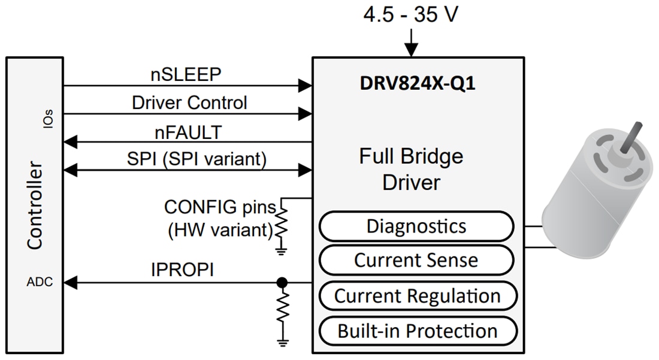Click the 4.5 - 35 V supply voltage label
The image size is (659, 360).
410,14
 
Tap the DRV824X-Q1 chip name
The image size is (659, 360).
418,83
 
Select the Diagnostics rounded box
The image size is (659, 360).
416,226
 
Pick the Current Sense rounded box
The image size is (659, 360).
416,261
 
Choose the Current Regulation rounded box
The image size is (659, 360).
417,296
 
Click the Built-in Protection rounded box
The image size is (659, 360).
417,331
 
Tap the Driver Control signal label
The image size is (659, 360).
189,102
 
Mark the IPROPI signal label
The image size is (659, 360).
182,270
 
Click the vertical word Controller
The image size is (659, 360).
35,205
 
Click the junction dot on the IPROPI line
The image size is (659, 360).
282,282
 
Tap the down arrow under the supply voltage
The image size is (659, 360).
411,43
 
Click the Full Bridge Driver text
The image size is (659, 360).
411,169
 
